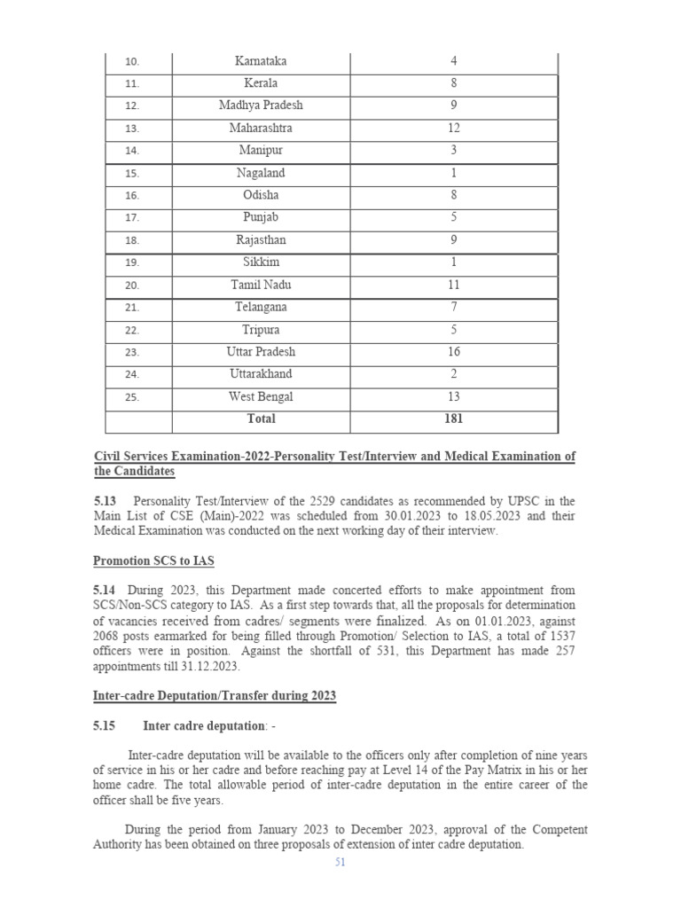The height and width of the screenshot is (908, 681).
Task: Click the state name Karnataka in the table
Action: (261, 61)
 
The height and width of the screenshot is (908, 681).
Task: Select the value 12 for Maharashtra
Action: (453, 129)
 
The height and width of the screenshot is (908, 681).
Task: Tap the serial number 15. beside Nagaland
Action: (131, 174)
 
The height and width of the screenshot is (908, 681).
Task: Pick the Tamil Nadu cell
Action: (261, 286)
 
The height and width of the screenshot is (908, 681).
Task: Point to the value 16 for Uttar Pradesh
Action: (453, 352)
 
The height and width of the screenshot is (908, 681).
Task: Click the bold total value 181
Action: (453, 419)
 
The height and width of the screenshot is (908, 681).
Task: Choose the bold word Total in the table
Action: (261, 419)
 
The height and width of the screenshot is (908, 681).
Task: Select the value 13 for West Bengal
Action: (453, 397)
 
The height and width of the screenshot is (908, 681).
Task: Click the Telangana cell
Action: (261, 308)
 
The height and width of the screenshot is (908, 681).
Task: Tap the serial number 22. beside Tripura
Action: (131, 331)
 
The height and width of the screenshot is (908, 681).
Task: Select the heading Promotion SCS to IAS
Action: (153, 561)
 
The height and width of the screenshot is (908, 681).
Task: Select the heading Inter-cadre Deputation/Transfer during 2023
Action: (215, 696)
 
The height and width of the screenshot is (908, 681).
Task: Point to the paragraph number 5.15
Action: (105, 726)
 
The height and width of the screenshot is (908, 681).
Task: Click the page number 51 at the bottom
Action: (340, 864)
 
